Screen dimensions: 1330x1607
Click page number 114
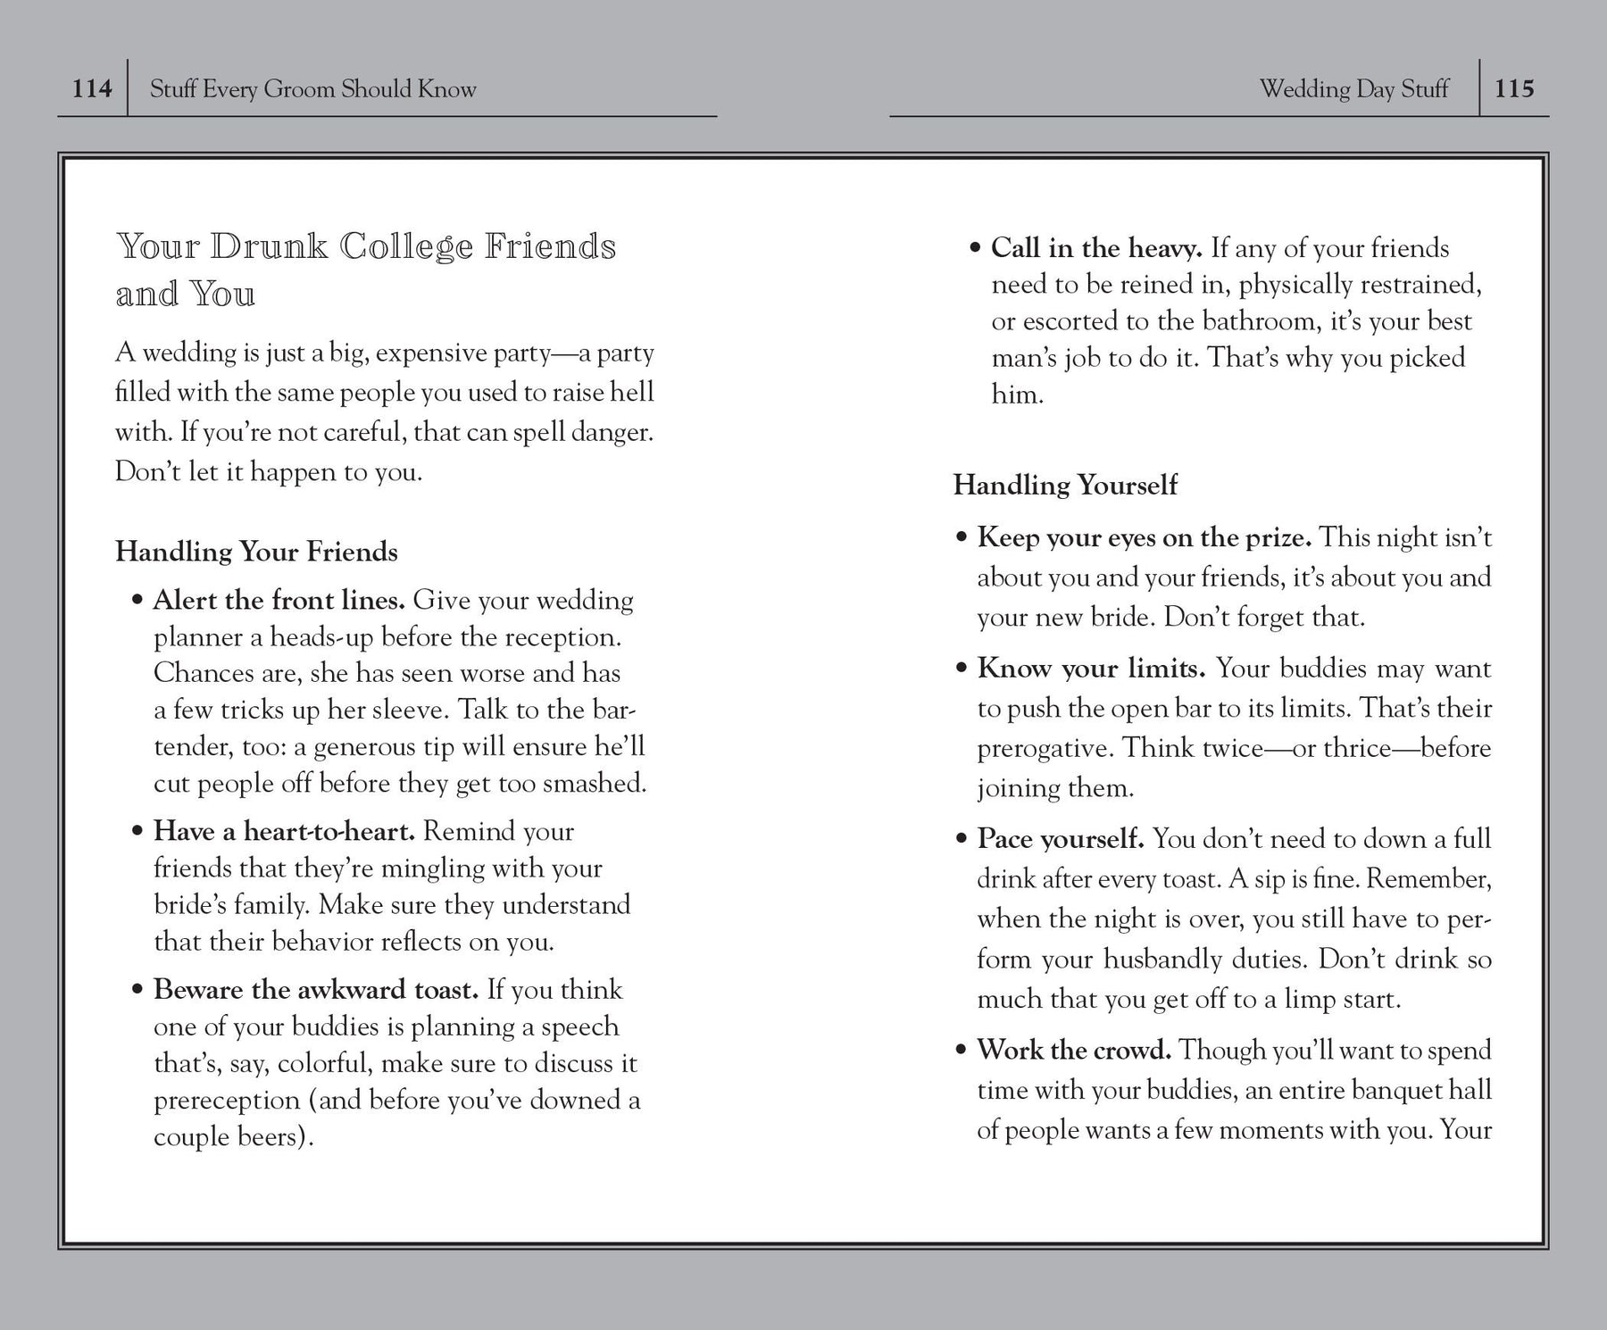coord(92,88)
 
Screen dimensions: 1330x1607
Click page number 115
coord(1514,88)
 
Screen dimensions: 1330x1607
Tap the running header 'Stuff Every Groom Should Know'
coord(312,89)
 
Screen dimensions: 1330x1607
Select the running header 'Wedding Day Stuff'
coord(1353,89)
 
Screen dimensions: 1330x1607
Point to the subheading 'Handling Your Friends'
coord(256,552)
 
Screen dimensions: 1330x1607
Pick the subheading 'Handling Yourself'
coord(1065,485)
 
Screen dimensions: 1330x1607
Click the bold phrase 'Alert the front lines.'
coord(279,600)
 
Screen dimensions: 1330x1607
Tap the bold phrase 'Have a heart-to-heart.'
coord(284,831)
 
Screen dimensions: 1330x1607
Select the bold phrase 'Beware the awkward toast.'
coord(316,989)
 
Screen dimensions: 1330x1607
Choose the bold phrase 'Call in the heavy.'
coord(1096,247)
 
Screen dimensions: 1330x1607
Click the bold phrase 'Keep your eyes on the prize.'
coord(1144,537)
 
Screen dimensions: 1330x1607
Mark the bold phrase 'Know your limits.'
coord(1091,668)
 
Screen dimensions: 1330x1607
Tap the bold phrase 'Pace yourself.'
coord(1060,838)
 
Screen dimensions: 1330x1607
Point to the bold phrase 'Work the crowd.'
coord(1074,1050)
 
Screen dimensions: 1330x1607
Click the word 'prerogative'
coord(1044,748)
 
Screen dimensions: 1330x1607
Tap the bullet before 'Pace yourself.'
coord(962,839)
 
